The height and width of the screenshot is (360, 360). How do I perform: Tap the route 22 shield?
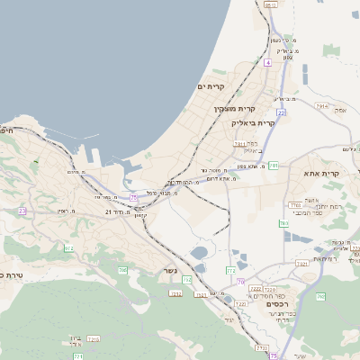(281, 112)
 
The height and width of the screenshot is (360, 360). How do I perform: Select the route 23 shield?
(22, 211)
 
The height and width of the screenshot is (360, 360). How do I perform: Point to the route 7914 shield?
(321, 106)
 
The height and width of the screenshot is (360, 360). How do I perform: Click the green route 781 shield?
(273, 166)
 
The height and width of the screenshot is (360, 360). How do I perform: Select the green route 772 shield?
(230, 269)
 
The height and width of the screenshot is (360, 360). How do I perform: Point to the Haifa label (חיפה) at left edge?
(7, 131)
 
